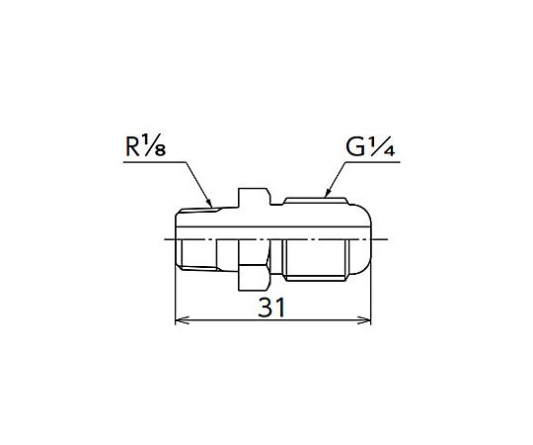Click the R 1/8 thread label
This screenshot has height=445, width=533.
(146, 145)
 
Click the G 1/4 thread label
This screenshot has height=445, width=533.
(370, 145)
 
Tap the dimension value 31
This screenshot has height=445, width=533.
(271, 308)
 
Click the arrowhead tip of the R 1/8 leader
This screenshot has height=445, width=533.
(212, 208)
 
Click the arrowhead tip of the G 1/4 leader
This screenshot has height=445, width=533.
(325, 198)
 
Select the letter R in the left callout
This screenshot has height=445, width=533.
(133, 147)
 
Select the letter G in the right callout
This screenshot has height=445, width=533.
(355, 147)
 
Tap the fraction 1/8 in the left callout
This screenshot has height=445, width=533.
(154, 145)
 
